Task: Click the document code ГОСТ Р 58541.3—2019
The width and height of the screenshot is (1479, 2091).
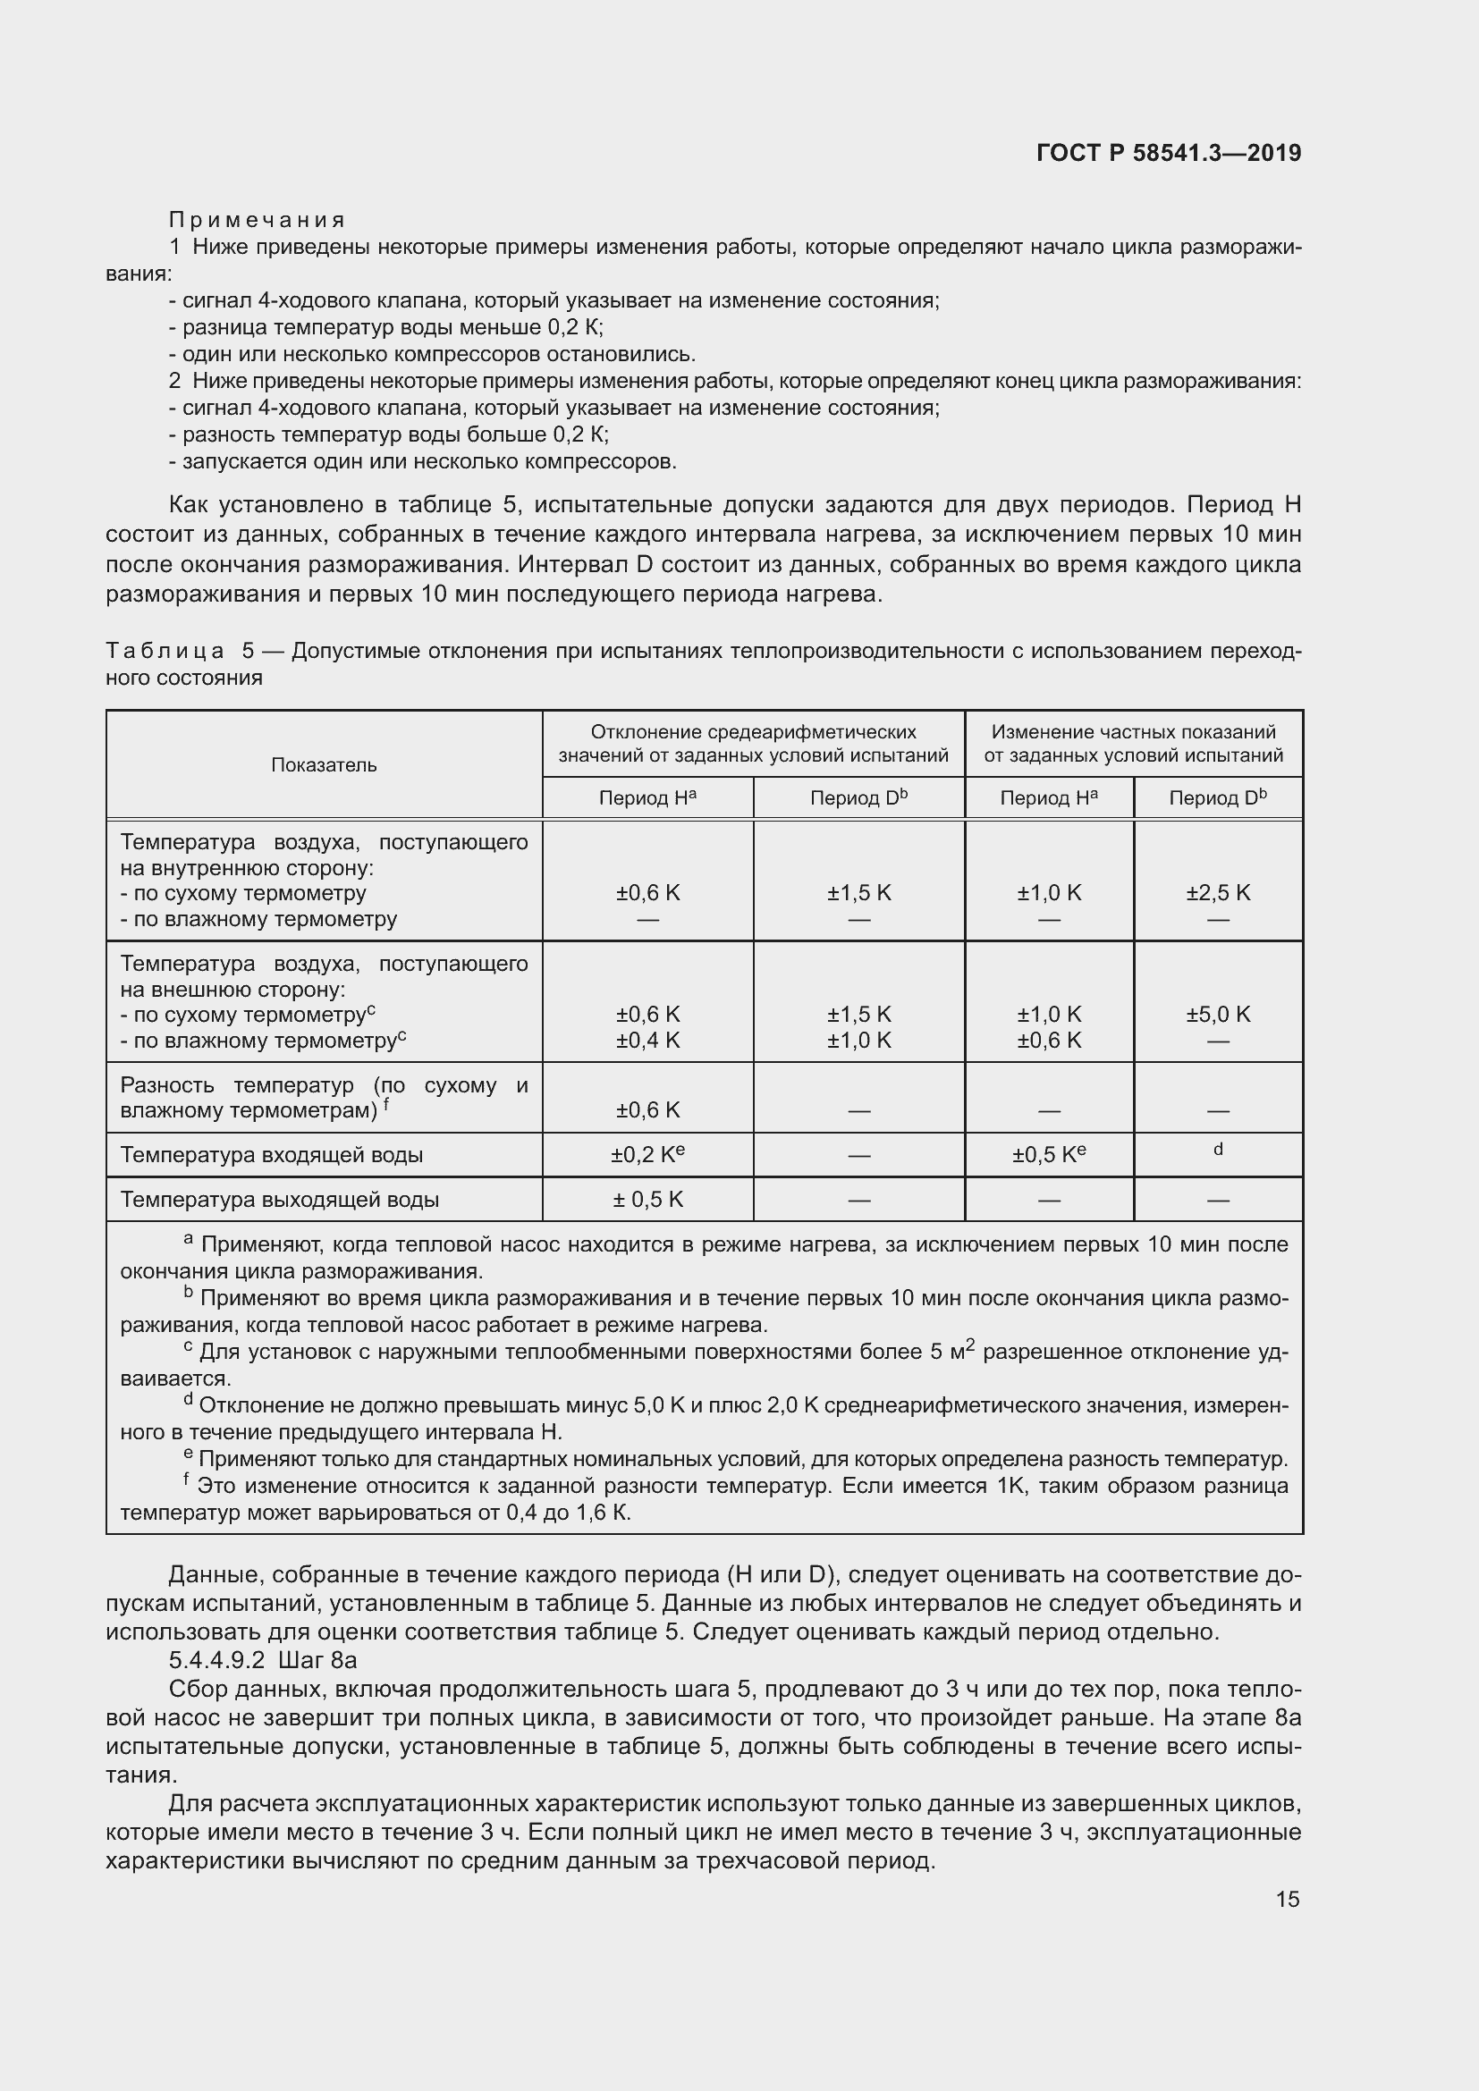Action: click(1169, 153)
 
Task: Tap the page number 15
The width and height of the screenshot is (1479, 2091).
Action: click(1287, 1899)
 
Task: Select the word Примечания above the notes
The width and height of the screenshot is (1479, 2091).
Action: click(257, 220)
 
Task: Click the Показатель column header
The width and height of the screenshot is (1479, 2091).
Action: click(324, 765)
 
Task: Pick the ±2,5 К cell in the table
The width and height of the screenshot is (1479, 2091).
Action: click(1218, 892)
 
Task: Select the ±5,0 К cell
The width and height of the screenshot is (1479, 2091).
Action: click(1218, 1014)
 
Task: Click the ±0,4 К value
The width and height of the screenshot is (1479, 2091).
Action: click(647, 1040)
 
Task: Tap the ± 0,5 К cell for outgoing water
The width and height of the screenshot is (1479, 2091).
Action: click(647, 1200)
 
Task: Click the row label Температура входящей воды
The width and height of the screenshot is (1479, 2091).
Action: click(272, 1155)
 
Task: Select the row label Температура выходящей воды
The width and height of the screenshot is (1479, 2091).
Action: click(280, 1200)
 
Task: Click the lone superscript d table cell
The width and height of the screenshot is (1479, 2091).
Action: click(1218, 1150)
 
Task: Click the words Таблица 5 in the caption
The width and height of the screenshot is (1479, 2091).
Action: click(181, 650)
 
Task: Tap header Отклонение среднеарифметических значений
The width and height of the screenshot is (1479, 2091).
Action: click(753, 743)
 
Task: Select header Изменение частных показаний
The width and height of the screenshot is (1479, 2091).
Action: click(1133, 743)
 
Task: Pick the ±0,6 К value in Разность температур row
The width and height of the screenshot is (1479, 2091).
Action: click(647, 1110)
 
